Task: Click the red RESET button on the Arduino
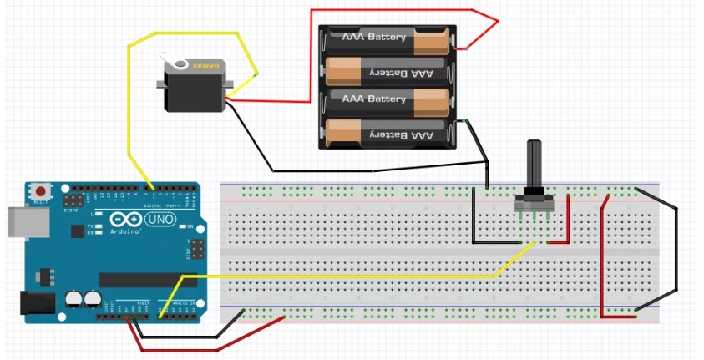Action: (x=39, y=191)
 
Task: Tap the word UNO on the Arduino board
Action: (x=160, y=220)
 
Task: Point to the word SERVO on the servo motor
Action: (x=205, y=65)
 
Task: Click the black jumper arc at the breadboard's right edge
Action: (x=675, y=251)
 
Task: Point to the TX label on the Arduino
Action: (x=90, y=226)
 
